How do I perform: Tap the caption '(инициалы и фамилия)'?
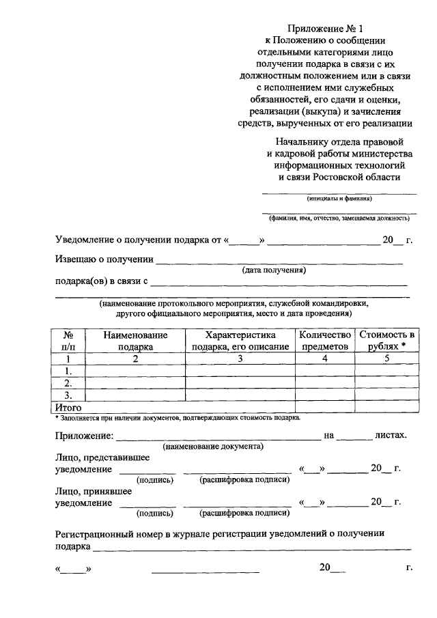click(x=339, y=199)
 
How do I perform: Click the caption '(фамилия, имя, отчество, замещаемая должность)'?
click(x=339, y=219)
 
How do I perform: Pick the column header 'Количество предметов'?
click(x=325, y=341)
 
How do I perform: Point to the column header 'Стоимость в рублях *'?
click(x=386, y=341)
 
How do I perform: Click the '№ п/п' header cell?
click(x=68, y=341)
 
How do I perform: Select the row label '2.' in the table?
click(x=68, y=382)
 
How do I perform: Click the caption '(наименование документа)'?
click(x=213, y=447)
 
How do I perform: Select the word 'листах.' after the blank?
click(x=391, y=435)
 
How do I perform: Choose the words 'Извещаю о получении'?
click(x=103, y=259)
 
